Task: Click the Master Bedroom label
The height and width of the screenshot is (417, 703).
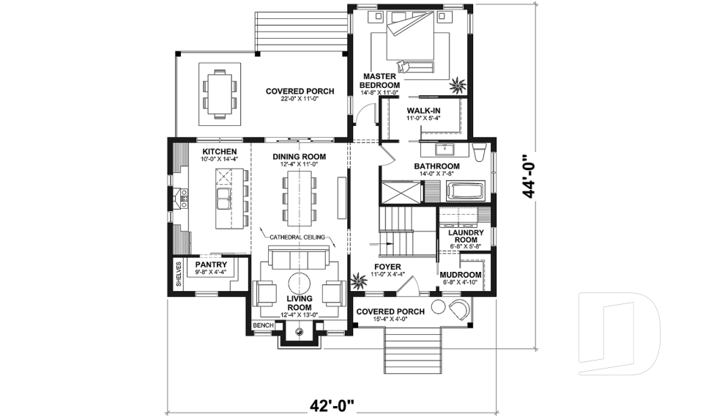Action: (x=379, y=81)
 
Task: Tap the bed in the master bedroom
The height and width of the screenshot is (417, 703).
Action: (x=409, y=41)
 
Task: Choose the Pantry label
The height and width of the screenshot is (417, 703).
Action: (x=210, y=264)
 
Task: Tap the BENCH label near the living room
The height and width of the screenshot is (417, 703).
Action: (x=263, y=325)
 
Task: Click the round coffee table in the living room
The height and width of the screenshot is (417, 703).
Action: (x=300, y=284)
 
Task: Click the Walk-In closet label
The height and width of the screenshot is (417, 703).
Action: (x=423, y=111)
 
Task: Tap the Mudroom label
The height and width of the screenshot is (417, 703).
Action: (x=460, y=275)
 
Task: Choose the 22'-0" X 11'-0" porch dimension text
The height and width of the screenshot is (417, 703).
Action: (x=300, y=100)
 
